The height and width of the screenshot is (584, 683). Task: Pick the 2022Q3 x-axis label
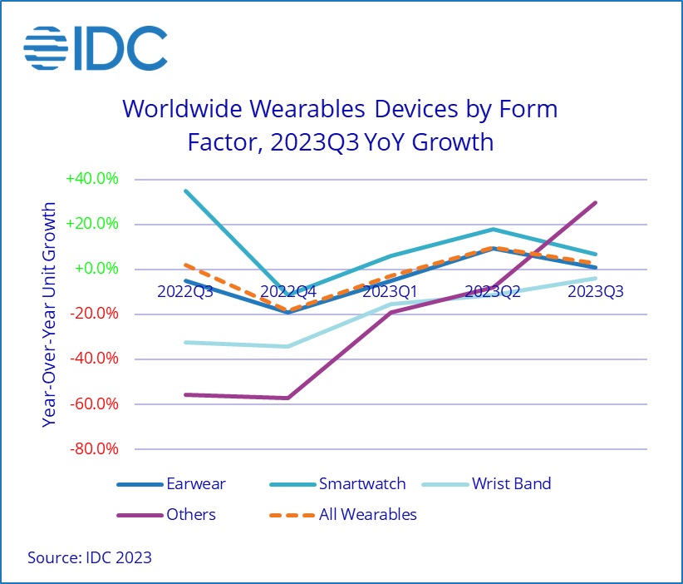[x=184, y=291]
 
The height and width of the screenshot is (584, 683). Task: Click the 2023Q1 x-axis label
[x=390, y=291]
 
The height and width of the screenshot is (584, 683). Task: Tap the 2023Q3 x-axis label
[x=595, y=291]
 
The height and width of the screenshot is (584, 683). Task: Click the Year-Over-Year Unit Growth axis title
[x=51, y=314]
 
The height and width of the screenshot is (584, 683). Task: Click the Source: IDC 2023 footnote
[x=90, y=557]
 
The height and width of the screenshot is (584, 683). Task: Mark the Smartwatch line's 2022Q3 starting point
[x=185, y=191]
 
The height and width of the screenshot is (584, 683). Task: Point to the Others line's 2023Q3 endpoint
[x=595, y=202]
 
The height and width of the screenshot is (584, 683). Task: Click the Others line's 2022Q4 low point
[x=287, y=398]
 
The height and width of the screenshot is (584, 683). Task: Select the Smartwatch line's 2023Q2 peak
[x=493, y=229]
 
